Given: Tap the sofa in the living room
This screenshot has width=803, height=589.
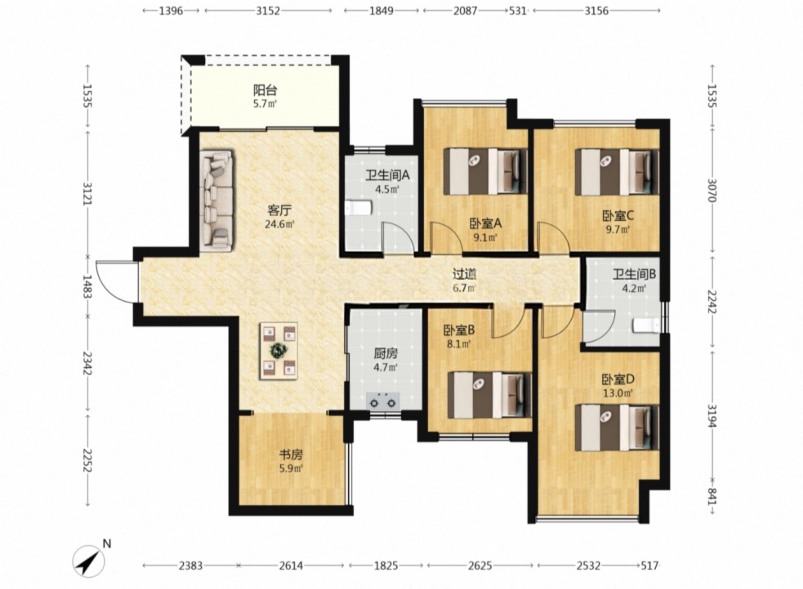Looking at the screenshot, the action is [x=216, y=201].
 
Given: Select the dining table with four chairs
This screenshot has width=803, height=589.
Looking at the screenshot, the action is [x=279, y=351].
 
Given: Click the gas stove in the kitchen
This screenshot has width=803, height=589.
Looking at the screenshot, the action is [x=383, y=400].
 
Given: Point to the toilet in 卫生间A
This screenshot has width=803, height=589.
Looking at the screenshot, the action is [x=359, y=208].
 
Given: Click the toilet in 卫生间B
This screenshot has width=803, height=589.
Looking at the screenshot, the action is [x=646, y=325].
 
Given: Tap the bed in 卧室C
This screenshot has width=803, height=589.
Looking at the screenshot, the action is [x=617, y=171].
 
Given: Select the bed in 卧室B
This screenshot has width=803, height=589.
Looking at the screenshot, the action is [x=489, y=395].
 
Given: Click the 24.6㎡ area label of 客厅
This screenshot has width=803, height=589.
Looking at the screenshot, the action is [x=280, y=224].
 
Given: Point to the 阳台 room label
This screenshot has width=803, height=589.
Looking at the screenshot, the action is [x=265, y=90].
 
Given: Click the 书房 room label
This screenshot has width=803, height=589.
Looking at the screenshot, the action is [x=291, y=454].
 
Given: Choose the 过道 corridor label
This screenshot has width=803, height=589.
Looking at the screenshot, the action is [x=464, y=274].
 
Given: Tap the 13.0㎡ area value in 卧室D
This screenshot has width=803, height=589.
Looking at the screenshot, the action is [x=618, y=393].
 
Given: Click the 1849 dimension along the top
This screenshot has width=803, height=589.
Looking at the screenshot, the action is [x=381, y=11].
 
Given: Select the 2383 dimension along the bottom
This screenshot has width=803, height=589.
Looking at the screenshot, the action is [x=191, y=565].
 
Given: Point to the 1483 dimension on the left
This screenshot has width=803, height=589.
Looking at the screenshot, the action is [x=87, y=286].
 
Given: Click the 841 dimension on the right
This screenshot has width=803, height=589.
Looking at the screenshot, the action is [x=712, y=497].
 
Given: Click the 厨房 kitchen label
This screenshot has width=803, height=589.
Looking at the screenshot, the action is [x=386, y=354].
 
